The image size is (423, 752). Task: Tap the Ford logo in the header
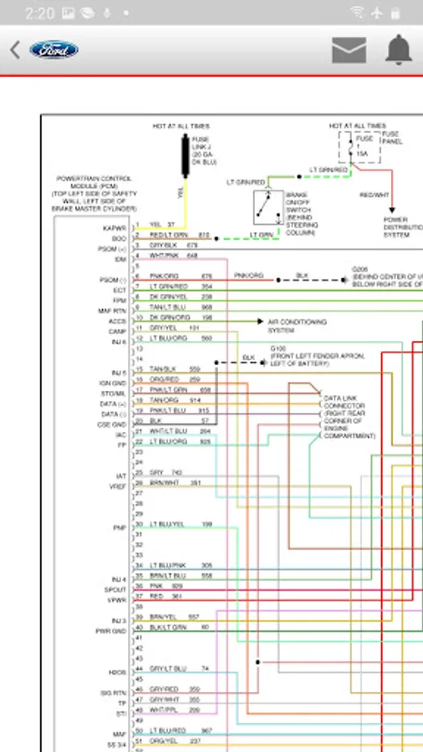click(54, 50)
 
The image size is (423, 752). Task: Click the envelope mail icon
click(349, 50)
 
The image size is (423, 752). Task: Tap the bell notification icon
click(399, 50)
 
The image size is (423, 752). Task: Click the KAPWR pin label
click(115, 227)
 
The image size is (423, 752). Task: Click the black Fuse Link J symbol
click(184, 155)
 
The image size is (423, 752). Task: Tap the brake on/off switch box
click(268, 207)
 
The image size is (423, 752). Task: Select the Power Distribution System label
click(401, 227)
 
